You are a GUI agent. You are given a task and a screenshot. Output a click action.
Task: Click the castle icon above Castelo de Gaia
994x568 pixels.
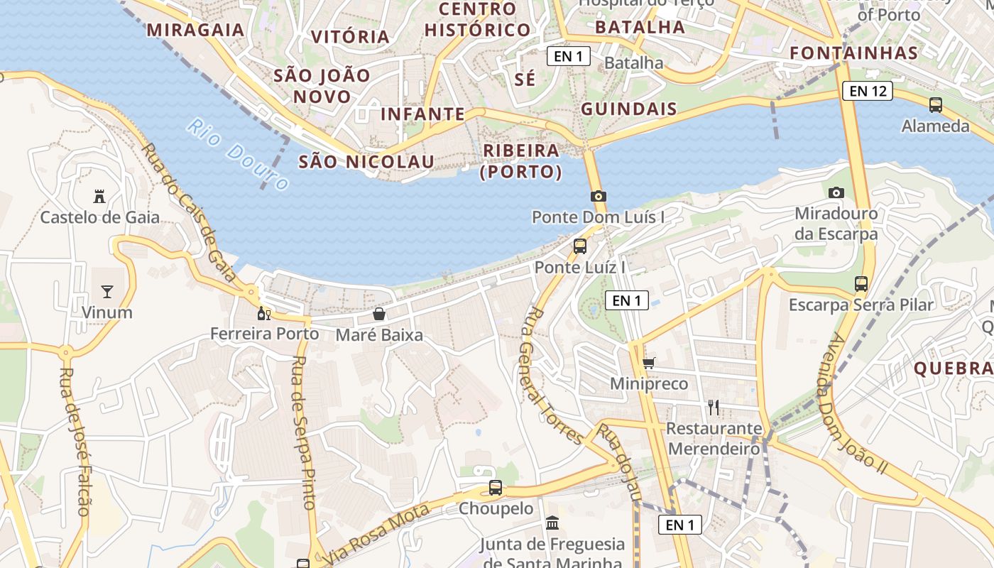pos(99,196)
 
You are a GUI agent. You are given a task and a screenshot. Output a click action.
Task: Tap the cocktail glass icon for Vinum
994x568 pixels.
pos(107,291)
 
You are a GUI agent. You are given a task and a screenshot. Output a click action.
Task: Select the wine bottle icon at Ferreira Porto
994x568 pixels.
pos(264,313)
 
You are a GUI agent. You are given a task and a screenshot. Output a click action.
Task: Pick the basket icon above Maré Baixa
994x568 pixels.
pos(379,314)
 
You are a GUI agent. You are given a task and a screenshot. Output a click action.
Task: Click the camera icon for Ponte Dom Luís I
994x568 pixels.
pos(599,196)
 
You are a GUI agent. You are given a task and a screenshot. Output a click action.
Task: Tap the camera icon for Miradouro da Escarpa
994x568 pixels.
pos(836,192)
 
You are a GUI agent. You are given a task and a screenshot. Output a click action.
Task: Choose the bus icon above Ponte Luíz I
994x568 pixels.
pos(580,246)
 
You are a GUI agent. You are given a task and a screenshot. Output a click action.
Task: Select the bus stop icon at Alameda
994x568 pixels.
pos(936,105)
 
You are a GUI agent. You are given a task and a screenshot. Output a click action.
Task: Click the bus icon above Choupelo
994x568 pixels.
pos(496,488)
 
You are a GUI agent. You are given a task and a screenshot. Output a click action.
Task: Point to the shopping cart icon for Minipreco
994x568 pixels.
pos(648,363)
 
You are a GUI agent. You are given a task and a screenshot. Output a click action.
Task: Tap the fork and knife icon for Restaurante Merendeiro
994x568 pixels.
pos(714,408)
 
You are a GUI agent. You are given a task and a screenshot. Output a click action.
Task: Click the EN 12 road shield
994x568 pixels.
pos(868,91)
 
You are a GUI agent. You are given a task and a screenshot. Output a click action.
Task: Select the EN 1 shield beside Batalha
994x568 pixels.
pos(569,56)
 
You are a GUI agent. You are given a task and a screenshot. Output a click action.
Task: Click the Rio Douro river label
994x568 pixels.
pos(238,154)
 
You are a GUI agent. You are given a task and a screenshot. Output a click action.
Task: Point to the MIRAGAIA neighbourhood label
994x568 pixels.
pos(195,30)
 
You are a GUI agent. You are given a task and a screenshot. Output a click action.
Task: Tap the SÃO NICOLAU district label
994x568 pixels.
pos(366,162)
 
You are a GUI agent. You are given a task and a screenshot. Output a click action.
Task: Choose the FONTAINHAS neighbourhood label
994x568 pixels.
pos(853,53)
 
